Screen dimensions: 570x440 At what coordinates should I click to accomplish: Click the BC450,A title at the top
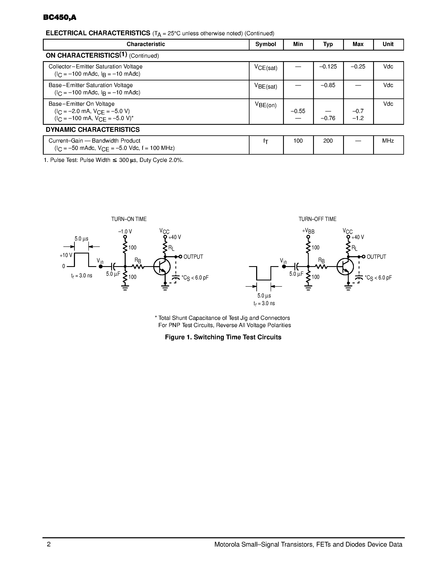coord(60,17)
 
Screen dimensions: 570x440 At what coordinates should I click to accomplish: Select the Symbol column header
coord(266,44)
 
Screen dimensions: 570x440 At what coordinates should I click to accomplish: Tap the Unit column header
coord(388,44)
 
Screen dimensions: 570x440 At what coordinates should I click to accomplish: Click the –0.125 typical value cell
coord(328,67)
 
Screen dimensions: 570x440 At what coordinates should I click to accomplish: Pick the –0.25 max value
coord(358,67)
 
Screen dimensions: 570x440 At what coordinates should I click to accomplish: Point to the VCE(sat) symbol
coord(266,68)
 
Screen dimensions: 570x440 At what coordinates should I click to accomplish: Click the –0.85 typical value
coord(328,85)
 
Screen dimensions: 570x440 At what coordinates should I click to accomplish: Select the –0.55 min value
coord(298,111)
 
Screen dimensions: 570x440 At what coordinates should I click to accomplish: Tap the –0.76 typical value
coord(328,118)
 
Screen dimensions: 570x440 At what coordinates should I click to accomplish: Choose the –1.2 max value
coord(358,118)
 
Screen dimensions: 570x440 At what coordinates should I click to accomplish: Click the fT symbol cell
coord(266,141)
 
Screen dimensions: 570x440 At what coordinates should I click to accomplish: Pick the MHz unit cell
coord(388,141)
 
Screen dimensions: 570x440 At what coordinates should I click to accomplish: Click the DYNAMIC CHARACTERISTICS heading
coord(93,130)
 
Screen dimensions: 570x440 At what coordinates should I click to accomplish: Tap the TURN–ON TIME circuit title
coord(129,219)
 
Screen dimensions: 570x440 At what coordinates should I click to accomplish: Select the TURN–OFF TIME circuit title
coord(317,219)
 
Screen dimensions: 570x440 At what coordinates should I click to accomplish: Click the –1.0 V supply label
coord(125,232)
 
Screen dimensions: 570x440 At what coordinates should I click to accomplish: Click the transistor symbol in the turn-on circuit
coord(162,267)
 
